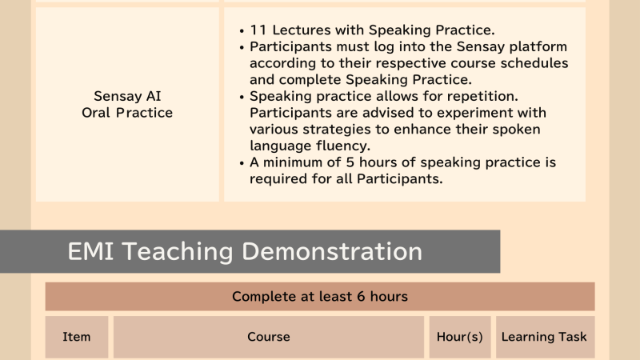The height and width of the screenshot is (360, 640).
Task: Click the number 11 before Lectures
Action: pyautogui.click(x=258, y=30)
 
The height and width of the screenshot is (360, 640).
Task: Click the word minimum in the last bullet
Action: pyautogui.click(x=294, y=162)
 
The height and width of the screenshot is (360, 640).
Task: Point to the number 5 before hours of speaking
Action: pyautogui.click(x=350, y=162)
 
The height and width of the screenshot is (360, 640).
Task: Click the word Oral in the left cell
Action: pyautogui.click(x=95, y=113)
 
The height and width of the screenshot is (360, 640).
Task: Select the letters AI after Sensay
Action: pyautogui.click(x=154, y=96)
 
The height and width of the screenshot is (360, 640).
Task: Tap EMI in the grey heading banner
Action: pyautogui.click(x=90, y=251)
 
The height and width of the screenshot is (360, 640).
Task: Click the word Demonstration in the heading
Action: pyautogui.click(x=332, y=251)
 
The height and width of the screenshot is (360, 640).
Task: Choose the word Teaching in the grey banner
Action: pyautogui.click(x=178, y=251)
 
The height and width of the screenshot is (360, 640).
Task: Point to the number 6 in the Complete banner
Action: pyautogui.click(x=361, y=296)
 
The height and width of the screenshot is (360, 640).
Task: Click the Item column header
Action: pyautogui.click(x=76, y=337)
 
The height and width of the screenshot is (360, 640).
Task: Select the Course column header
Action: pyautogui.click(x=269, y=337)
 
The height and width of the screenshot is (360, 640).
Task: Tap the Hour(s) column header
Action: pyautogui.click(x=459, y=337)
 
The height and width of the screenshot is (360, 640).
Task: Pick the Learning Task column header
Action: pyautogui.click(x=544, y=337)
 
